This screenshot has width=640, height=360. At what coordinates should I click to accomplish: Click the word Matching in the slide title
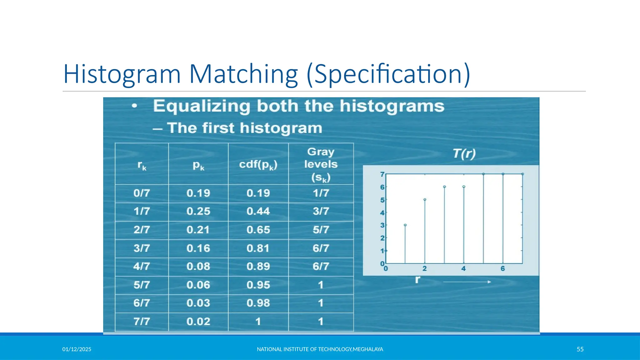[x=243, y=74]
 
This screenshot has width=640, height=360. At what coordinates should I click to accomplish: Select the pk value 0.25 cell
[x=198, y=212]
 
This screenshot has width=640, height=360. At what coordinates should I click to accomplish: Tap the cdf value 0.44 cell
[x=258, y=212]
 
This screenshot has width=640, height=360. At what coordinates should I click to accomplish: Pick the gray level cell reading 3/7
[x=321, y=212]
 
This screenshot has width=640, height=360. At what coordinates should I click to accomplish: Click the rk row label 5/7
[x=142, y=285]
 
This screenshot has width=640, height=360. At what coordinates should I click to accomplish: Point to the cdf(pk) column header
[x=258, y=164]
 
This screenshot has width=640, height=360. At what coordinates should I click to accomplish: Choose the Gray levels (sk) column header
[x=321, y=164]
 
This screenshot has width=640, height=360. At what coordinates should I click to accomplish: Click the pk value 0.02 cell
[x=198, y=322]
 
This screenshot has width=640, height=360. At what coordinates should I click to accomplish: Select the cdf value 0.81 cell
[x=258, y=248]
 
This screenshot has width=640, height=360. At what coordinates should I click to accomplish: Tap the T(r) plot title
[x=464, y=154]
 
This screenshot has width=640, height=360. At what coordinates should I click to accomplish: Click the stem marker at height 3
[x=405, y=225]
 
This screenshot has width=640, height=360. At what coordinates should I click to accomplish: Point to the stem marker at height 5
[x=425, y=199]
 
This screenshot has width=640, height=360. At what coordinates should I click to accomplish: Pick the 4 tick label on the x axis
[x=463, y=269]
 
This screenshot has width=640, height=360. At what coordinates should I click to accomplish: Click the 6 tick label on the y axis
[x=382, y=187]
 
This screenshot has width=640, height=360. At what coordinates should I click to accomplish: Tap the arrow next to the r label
[x=467, y=282]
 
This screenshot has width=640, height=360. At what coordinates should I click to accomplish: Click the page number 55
[x=580, y=349]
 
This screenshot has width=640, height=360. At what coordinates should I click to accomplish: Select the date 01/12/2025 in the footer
[x=77, y=349]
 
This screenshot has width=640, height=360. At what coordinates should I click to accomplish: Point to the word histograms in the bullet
[x=392, y=106]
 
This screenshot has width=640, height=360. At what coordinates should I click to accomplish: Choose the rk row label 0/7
[x=142, y=193]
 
